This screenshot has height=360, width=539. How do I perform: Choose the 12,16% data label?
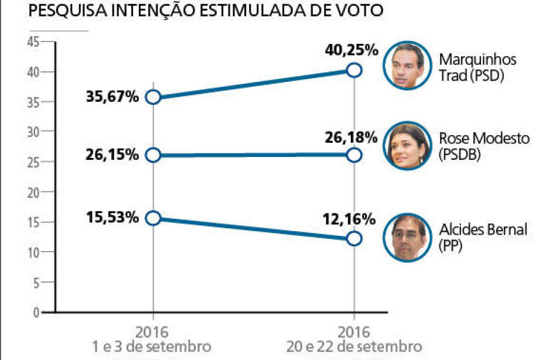pyautogui.click(x=349, y=220)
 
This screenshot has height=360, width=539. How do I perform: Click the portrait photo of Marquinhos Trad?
pyautogui.click(x=408, y=65)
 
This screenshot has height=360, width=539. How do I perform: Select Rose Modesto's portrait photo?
pyautogui.click(x=408, y=145)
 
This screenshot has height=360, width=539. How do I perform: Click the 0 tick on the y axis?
pyautogui.click(x=36, y=313)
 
